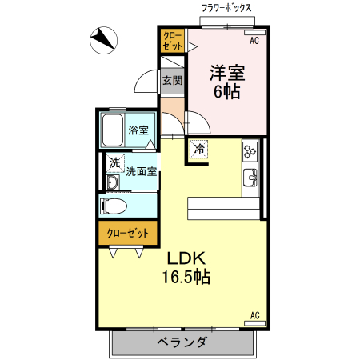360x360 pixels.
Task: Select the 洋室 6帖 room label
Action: [227, 80]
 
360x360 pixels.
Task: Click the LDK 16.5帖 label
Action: [189, 268]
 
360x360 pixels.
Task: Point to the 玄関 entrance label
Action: [172, 80]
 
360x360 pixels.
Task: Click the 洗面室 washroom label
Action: [140, 170]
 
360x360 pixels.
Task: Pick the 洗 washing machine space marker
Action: [114, 163]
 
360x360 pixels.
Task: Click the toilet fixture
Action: [114, 206]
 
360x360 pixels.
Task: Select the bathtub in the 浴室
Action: [111, 130]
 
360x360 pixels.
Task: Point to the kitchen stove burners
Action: [249, 150]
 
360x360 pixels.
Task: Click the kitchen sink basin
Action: [249, 177]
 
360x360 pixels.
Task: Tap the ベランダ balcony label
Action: [182, 342]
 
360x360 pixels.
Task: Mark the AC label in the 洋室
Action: [254, 40]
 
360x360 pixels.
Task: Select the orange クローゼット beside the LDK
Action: [127, 233]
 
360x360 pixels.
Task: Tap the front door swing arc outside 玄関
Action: [146, 82]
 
